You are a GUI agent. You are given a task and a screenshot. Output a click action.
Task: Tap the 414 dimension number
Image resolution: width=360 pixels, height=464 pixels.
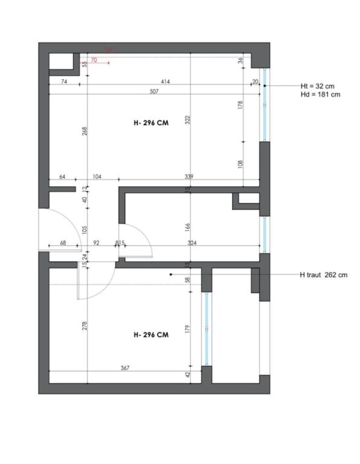pyautogui.click(x=164, y=82)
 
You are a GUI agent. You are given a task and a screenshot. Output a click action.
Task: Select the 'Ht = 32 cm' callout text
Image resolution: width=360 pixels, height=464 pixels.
pyautogui.click(x=317, y=86)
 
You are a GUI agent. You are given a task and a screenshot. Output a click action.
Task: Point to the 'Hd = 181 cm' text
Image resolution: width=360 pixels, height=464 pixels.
pyautogui.click(x=320, y=95)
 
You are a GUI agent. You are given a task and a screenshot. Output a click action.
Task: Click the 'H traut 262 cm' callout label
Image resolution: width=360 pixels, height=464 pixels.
pyautogui.click(x=323, y=275)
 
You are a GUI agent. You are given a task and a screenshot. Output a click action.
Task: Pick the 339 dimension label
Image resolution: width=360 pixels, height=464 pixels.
pyautogui.click(x=189, y=177)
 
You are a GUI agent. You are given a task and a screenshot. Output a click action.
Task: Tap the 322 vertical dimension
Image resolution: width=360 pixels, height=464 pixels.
pyautogui.click(x=188, y=120)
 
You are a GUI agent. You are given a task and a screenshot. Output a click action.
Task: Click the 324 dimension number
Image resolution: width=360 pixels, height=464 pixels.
pyautogui.click(x=193, y=243)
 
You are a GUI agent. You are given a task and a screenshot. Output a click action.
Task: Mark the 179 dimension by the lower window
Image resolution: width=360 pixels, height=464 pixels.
pyautogui.click(x=188, y=329)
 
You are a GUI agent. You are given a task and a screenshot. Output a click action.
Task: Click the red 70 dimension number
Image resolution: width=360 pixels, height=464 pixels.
pyautogui.click(x=94, y=60)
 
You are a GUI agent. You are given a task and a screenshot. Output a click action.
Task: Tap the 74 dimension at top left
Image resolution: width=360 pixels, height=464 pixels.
pyautogui.click(x=63, y=82)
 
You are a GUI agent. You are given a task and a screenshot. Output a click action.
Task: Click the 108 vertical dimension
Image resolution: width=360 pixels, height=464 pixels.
pyautogui.click(x=240, y=163)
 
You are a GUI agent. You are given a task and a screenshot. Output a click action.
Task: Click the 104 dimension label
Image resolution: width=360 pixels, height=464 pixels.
pyautogui.click(x=97, y=177)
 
